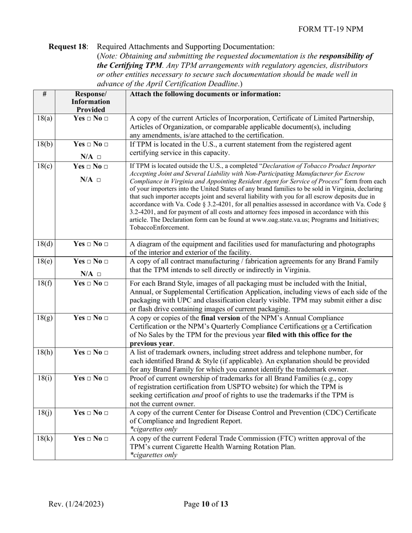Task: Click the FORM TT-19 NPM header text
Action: (331, 29)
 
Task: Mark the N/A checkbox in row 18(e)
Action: (98, 274)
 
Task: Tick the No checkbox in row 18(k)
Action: (106, 439)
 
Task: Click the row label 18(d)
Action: (44, 244)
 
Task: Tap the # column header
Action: (44, 94)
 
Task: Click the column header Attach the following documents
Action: (205, 94)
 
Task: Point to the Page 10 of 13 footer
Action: (206, 504)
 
